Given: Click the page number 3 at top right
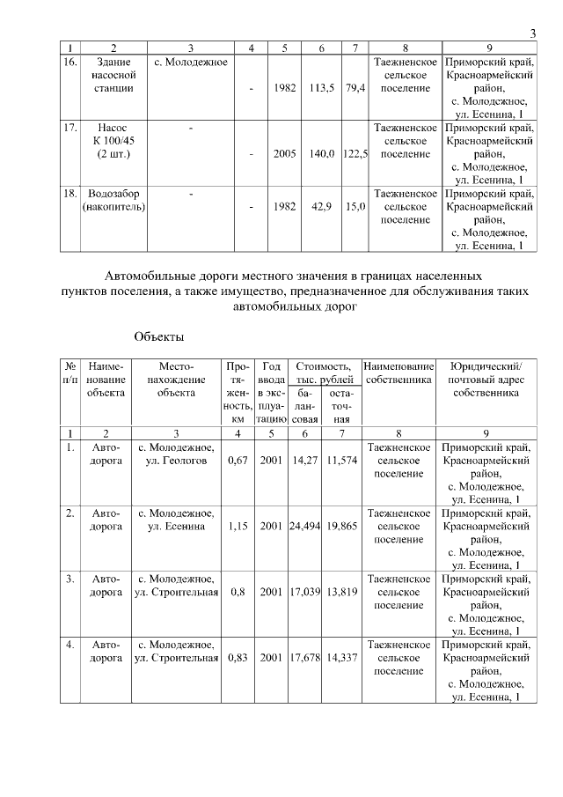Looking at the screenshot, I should click(533, 33).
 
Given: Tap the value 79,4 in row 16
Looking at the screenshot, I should click(355, 88).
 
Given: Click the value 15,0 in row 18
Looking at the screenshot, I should click(355, 206).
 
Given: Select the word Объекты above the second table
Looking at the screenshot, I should click(159, 336).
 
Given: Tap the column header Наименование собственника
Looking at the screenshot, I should click(399, 373).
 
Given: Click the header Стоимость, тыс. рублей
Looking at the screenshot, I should click(323, 373).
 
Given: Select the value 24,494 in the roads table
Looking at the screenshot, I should click(304, 526).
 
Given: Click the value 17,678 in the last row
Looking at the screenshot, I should click(304, 658).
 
